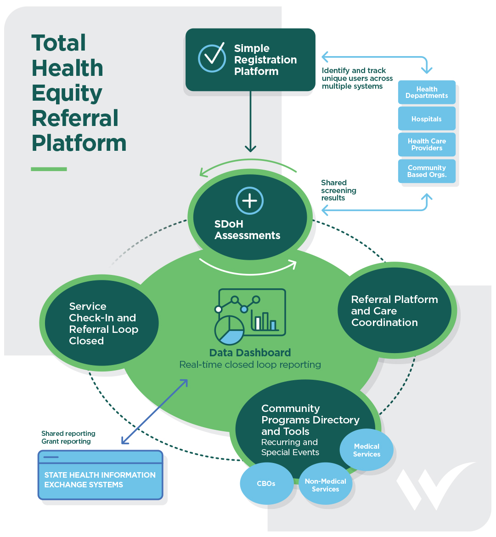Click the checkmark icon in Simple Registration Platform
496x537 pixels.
pos(212,58)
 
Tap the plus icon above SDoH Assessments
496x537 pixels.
pos(249,201)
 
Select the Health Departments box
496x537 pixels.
pos(427,92)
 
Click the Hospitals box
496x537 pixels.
pos(427,119)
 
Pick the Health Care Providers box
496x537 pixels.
pos(427,145)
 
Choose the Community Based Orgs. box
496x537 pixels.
pos(427,171)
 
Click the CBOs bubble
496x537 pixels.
pos(266,484)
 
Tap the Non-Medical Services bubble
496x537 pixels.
pos(325,485)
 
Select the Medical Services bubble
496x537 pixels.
pos(366,450)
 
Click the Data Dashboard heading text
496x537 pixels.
pos(250,353)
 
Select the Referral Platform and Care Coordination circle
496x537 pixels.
pos(395,311)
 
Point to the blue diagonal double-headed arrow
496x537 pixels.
pos(154,412)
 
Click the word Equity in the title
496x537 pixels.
pos(67,93)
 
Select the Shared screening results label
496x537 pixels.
pos(338,190)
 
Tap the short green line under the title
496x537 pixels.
pos(49,169)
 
